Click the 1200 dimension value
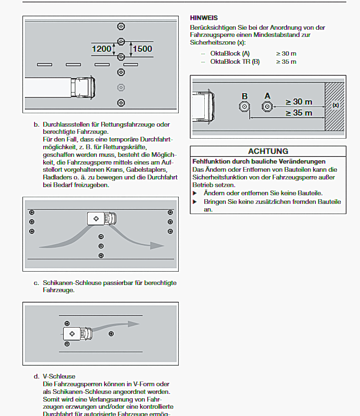pos(102,48)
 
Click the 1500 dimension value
pos(142,48)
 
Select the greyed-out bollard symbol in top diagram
pos(121,87)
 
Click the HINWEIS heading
pos(204,18)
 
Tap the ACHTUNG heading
pos(268,151)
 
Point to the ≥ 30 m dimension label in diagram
pos(299,102)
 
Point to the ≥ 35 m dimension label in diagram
pos(299,113)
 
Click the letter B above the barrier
pos(244,96)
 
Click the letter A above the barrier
pos(267,96)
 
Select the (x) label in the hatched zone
pos(336,105)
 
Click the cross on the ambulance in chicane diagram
pos(97,218)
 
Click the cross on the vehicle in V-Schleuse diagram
pos(72,333)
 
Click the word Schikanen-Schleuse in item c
pos(70,283)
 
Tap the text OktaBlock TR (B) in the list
pos(235,61)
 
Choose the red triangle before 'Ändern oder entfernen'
pos(195,192)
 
